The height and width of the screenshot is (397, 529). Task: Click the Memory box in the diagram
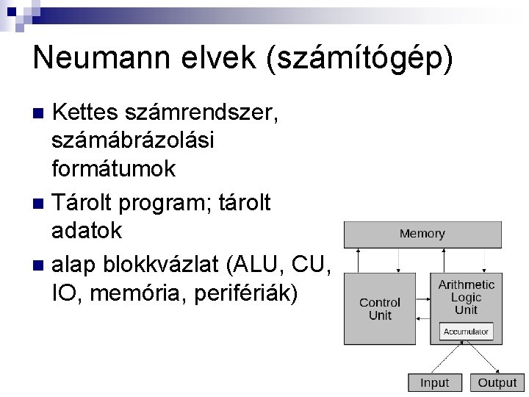(x=422, y=234)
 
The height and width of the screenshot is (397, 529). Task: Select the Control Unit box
(x=380, y=309)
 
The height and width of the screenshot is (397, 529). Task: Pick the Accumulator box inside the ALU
(x=465, y=332)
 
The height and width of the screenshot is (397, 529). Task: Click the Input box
(x=434, y=382)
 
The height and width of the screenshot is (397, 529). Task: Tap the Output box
(x=497, y=382)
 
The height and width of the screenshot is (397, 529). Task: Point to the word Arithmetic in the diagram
(x=467, y=285)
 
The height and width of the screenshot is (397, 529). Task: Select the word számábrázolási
(x=134, y=141)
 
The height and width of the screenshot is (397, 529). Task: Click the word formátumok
(x=114, y=168)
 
